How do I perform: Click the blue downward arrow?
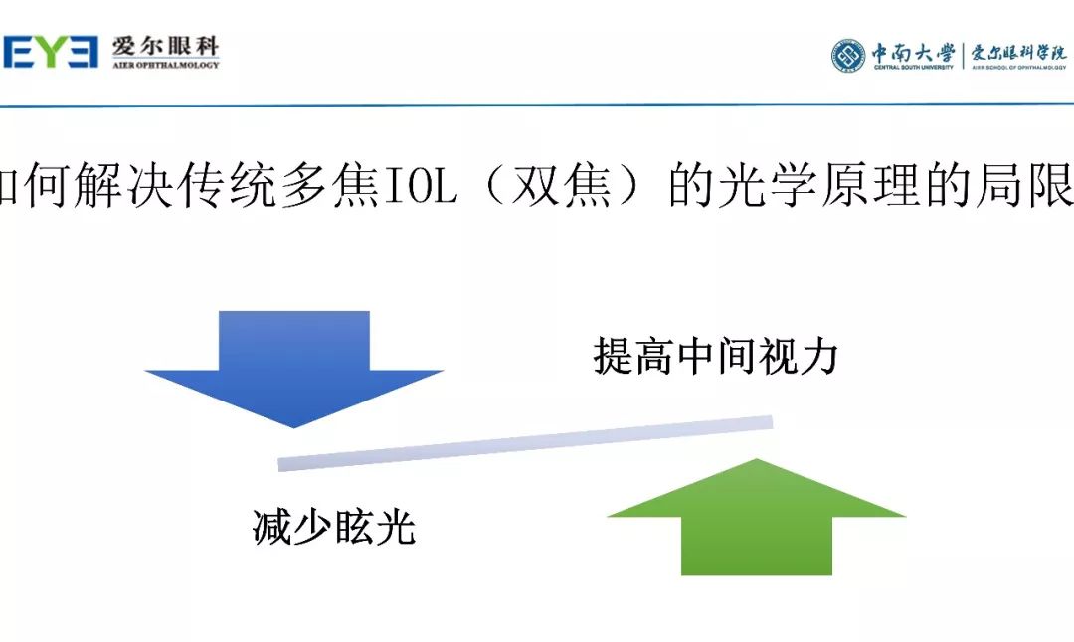tap(294, 363)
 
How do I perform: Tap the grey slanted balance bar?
tap(525, 442)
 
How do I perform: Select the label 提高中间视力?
tap(716, 356)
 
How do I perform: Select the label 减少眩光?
tap(333, 528)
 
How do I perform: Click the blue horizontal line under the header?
tap(537, 104)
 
